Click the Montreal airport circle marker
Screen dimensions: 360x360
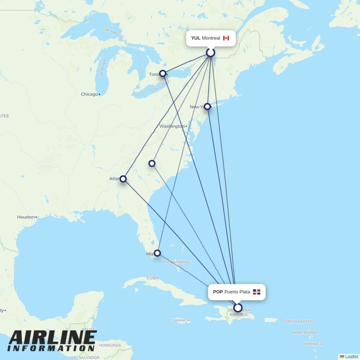[211, 53]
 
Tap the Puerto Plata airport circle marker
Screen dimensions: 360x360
[238, 308]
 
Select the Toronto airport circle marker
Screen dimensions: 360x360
[163, 73]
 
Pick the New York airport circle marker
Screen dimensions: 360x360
[207, 107]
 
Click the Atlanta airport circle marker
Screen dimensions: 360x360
[123, 179]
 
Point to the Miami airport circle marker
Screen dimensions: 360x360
[157, 253]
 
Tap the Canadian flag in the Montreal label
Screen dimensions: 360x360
[226, 38]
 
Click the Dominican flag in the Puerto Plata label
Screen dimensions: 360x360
[257, 292]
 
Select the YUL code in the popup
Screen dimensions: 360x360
[195, 38]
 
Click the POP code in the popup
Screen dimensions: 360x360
[218, 292]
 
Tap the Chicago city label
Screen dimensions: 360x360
[89, 94]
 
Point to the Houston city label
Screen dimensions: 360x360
[26, 217]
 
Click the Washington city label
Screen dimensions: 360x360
[172, 126]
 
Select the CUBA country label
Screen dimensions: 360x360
[153, 278]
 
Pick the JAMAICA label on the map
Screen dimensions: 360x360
[181, 320]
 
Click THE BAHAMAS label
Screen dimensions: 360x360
[176, 262]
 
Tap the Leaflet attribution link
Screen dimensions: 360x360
[351, 357]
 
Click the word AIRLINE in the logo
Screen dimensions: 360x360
[53, 337]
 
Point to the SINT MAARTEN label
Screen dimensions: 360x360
[298, 321]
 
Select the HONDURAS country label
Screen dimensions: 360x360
[110, 345]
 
